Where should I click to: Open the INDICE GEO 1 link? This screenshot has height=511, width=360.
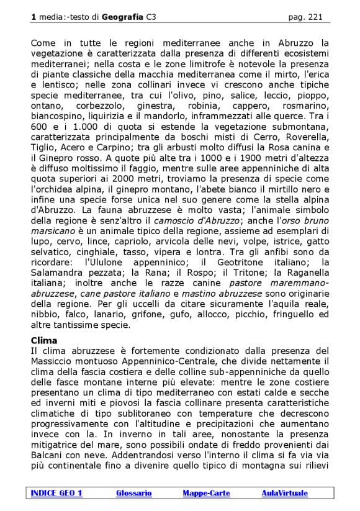click(x=56, y=493)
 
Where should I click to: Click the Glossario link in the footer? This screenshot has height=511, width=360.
click(x=133, y=493)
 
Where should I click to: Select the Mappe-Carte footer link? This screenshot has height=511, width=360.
click(x=206, y=493)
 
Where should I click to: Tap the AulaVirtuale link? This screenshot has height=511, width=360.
click(x=284, y=493)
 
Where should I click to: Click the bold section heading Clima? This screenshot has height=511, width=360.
click(x=44, y=340)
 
